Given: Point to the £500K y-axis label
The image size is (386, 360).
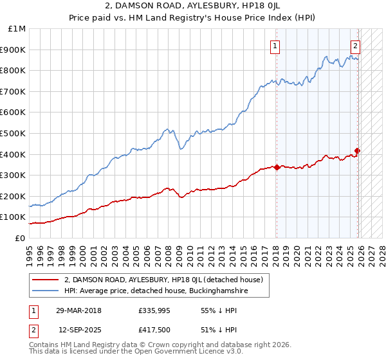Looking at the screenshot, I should [14, 134].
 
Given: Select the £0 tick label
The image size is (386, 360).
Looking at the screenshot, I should [20, 238].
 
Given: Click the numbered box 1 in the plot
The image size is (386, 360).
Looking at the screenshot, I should [275, 46].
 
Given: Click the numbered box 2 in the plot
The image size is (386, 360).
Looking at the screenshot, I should [354, 46].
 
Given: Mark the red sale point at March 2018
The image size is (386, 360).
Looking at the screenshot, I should [277, 167].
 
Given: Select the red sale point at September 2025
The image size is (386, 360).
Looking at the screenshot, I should [358, 151].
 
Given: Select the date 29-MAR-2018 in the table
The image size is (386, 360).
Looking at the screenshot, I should [78, 310].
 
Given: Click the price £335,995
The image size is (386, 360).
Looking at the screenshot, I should [153, 310].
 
